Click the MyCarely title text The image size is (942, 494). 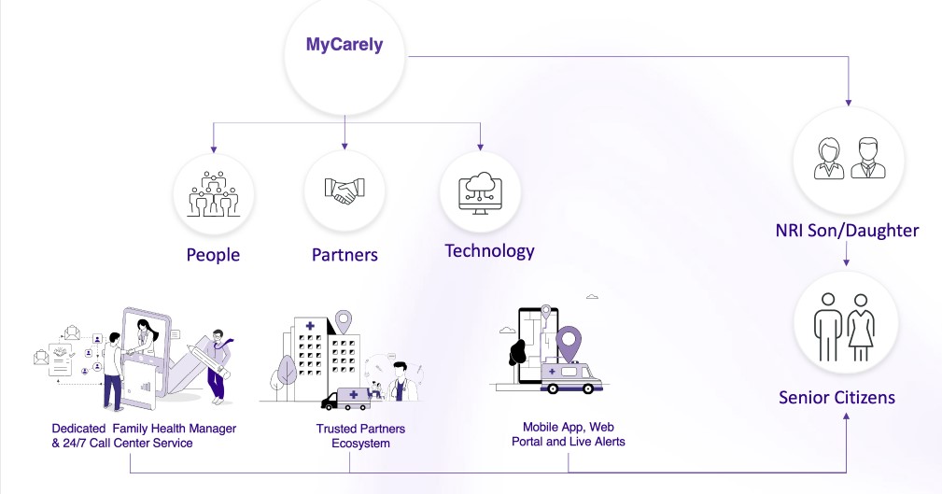pyautogui.click(x=344, y=45)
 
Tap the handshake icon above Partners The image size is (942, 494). pyautogui.click(x=344, y=191)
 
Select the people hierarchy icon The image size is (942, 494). pyautogui.click(x=214, y=193)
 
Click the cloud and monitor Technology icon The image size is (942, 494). pyautogui.click(x=480, y=190)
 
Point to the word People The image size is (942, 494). pyautogui.click(x=213, y=255)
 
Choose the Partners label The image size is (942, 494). pyautogui.click(x=344, y=255)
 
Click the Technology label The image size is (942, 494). pyautogui.click(x=489, y=250)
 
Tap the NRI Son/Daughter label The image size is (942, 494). pyautogui.click(x=847, y=230)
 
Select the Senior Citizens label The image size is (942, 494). pyautogui.click(x=837, y=398)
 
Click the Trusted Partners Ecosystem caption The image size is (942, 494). pyautogui.click(x=360, y=436)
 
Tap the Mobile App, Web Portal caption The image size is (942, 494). pyautogui.click(x=568, y=434)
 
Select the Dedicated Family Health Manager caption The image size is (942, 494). pyautogui.click(x=144, y=435)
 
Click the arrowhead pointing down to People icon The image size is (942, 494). pyautogui.click(x=214, y=147)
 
